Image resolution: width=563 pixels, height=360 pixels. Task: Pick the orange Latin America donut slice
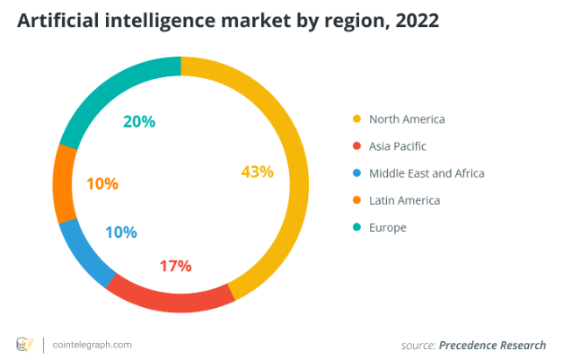64,183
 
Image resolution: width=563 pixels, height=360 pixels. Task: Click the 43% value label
258,171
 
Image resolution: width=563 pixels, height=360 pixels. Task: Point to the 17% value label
175,266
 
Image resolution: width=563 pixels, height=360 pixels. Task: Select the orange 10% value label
102,184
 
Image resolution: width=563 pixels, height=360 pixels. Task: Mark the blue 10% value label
120,233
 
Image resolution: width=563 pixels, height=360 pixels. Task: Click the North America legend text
406,119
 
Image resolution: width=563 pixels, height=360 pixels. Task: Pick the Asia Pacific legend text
397,145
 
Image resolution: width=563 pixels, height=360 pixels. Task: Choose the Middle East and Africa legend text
427,173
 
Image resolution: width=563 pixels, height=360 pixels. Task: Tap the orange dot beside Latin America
356,200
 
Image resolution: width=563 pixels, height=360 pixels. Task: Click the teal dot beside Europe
356,227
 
